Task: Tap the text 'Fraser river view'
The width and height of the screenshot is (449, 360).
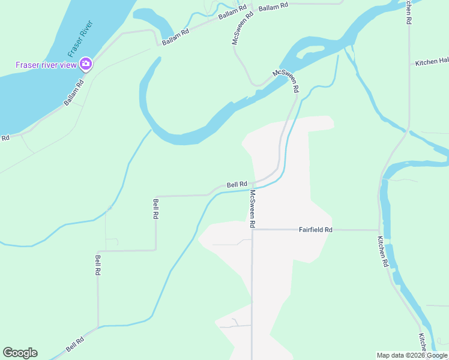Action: coord(47,65)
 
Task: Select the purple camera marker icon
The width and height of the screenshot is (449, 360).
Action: coord(86,64)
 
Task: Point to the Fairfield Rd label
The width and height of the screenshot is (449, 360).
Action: coord(316,230)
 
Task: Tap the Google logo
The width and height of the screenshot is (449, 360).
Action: coord(20,353)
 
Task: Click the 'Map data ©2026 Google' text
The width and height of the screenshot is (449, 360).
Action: coord(412,355)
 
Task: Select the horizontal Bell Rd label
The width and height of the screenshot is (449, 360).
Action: coord(237,184)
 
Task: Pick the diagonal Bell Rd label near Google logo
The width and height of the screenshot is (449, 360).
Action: coord(75,344)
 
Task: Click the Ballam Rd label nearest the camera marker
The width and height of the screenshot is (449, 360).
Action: coord(74,95)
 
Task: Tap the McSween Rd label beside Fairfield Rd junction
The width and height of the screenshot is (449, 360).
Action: coord(253,209)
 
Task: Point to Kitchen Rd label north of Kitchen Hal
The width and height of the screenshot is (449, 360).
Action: coord(408,12)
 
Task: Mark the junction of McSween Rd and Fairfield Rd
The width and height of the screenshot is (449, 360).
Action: coord(252,230)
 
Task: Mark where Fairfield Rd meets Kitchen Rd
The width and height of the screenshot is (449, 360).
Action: coord(379,230)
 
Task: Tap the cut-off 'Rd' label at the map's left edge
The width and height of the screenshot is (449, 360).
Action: coord(5,138)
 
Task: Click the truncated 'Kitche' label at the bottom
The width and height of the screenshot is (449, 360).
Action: coord(423,343)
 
